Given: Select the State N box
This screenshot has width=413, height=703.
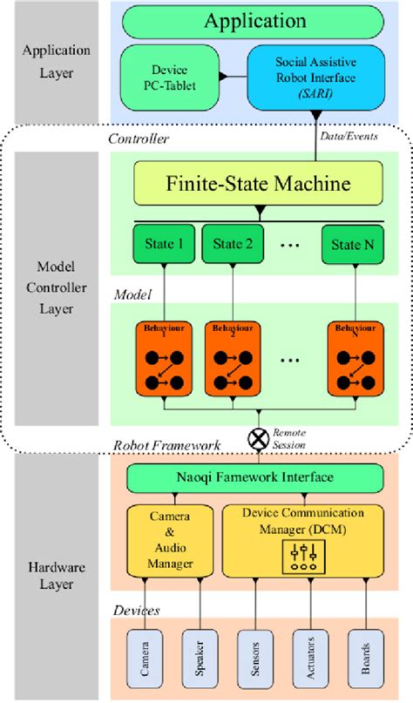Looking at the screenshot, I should [x=353, y=244].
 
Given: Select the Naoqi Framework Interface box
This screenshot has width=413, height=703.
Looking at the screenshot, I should [x=254, y=477].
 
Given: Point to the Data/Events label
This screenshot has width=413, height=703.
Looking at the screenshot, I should [x=351, y=137].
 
